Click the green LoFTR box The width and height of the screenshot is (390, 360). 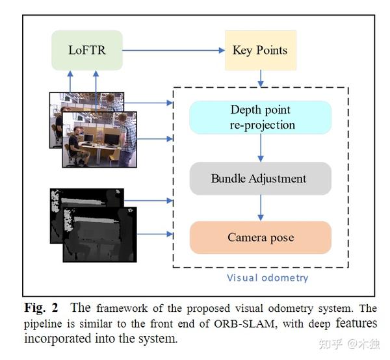coord(87,50)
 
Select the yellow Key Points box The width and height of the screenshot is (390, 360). coord(260,50)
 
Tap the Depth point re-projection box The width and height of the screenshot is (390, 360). coord(261,117)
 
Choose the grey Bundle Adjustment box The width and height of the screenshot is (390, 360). coord(261,178)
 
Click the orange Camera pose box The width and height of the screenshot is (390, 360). coord(261,237)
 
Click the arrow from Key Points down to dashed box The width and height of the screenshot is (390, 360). coord(260,78)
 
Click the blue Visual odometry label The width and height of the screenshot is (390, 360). coord(267,277)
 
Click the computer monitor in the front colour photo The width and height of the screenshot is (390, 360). coord(110,138)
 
